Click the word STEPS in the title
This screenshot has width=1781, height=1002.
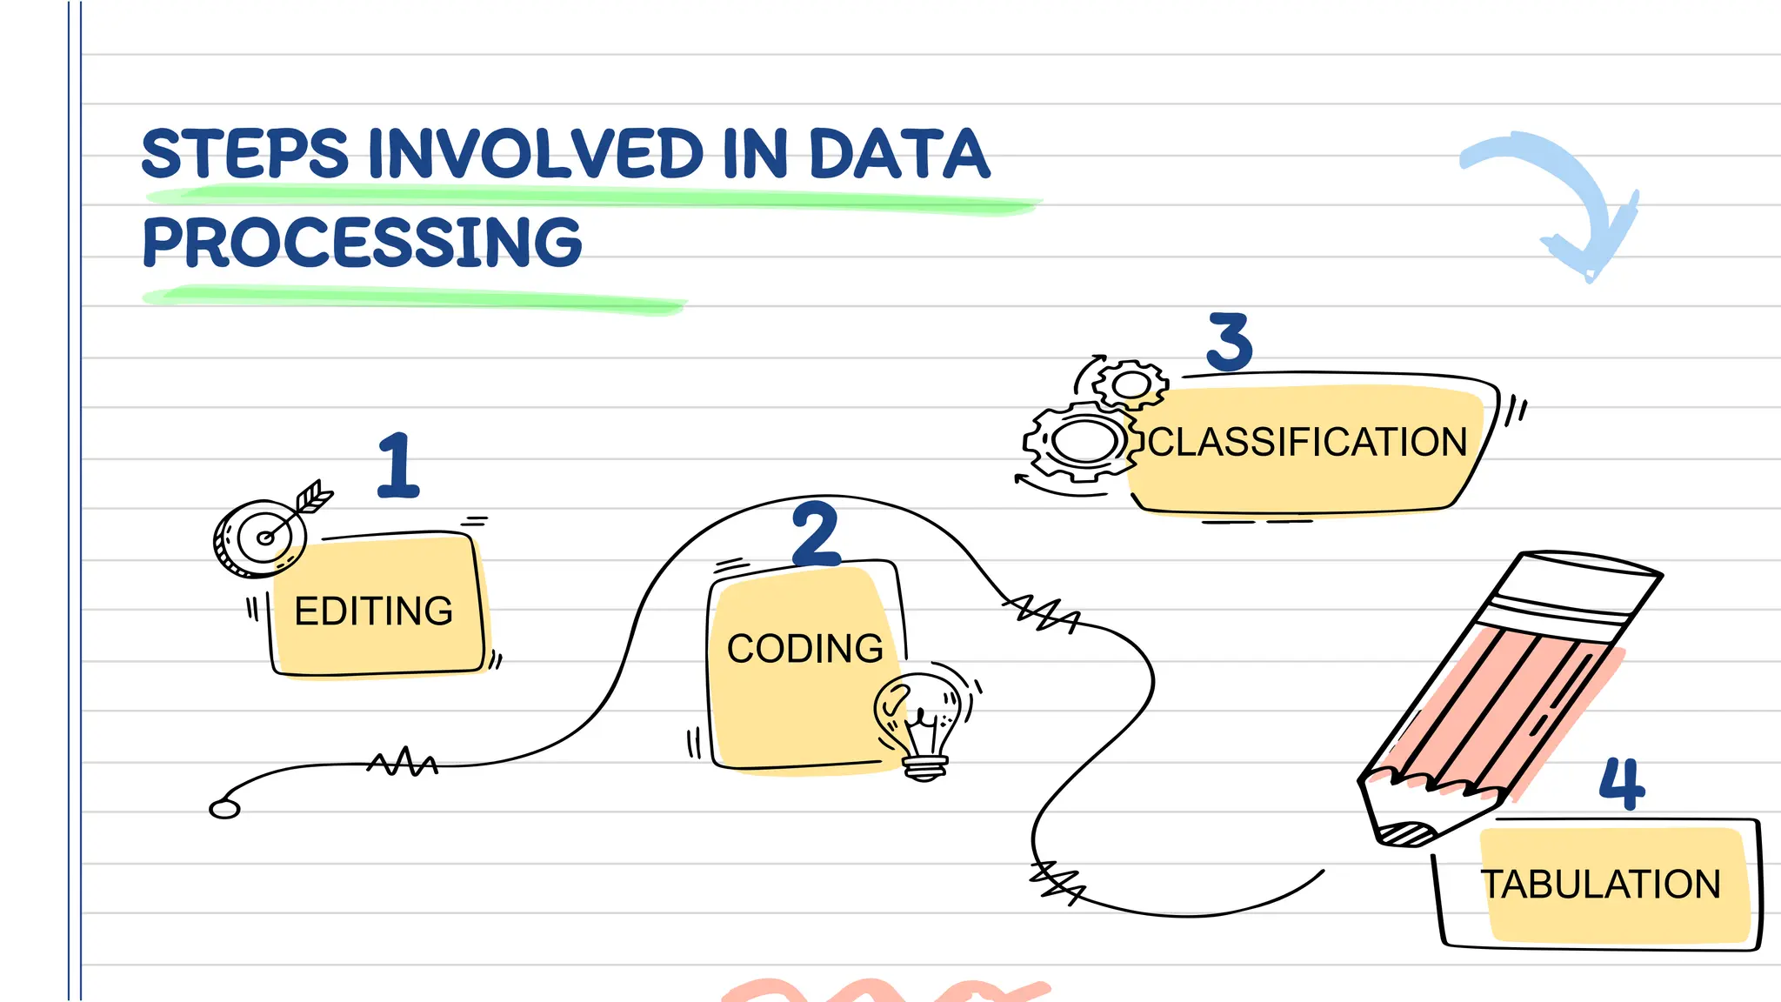click(x=244, y=154)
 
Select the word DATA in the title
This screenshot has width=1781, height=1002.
click(x=899, y=154)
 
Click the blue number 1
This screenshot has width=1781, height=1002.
click(x=398, y=466)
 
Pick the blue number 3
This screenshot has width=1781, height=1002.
click(x=1230, y=342)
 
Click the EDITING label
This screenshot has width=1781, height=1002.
click(x=374, y=611)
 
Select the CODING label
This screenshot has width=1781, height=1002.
click(x=804, y=649)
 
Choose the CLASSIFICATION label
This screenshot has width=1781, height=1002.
click(x=1307, y=442)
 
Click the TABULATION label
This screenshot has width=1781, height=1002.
click(x=1601, y=885)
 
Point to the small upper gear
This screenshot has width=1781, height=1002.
click(x=1131, y=384)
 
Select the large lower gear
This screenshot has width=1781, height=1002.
click(x=1084, y=441)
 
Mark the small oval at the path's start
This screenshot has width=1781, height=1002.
click(x=224, y=809)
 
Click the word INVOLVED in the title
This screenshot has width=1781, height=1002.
click(x=535, y=154)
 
